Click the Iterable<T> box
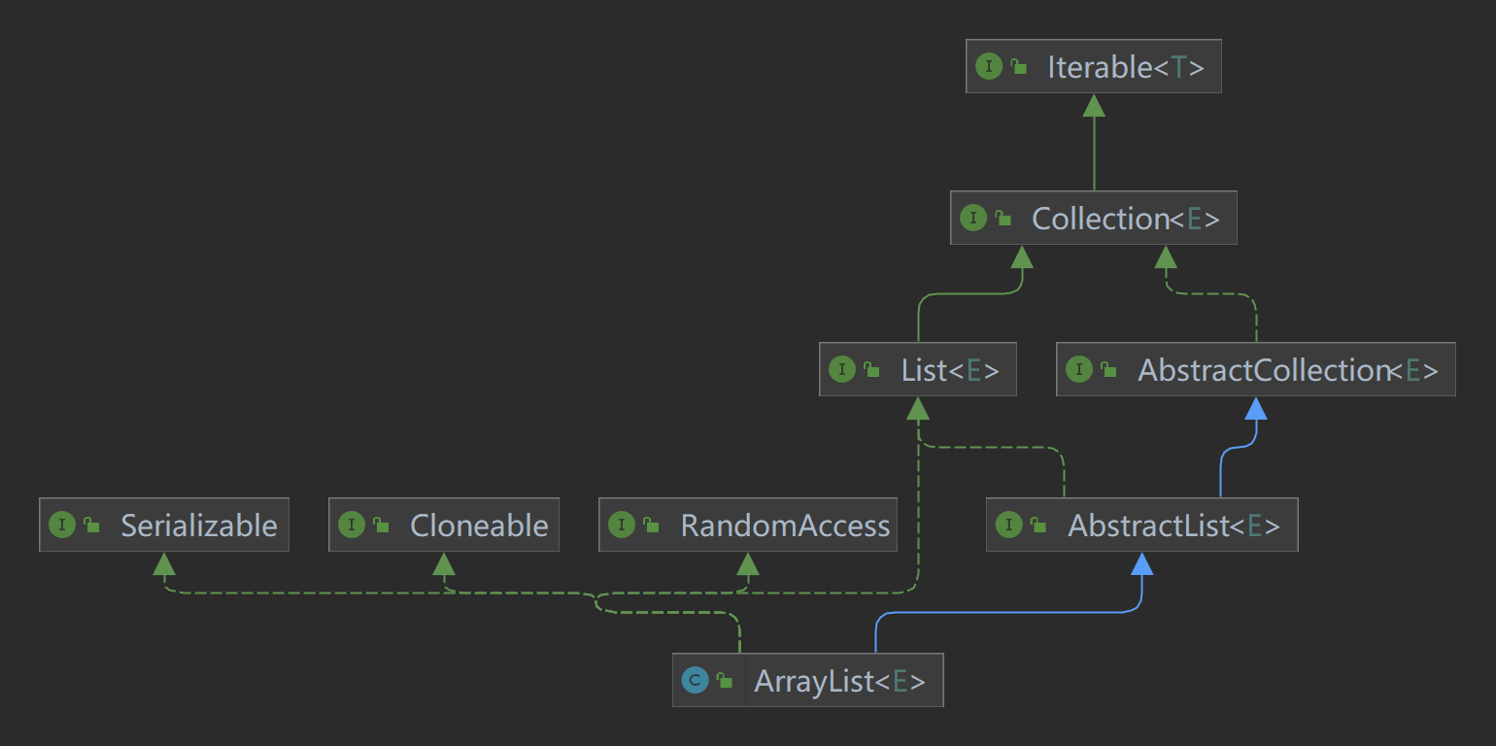point(1093,67)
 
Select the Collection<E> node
point(1093,218)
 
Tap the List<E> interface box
point(917,369)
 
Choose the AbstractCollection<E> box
point(1255,369)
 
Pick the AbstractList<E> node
point(1141,526)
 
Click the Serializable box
point(163,526)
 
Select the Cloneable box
point(443,526)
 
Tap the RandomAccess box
point(747,526)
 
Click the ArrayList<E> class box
point(807,680)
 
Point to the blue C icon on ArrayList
point(694,681)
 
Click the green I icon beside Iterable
point(988,67)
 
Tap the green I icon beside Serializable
point(61,526)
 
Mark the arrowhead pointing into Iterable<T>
point(1094,105)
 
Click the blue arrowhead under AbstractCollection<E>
point(1256,408)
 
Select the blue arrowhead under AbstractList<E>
point(1142,563)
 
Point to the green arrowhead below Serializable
point(164,563)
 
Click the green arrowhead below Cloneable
point(444,563)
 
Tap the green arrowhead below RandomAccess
point(748,563)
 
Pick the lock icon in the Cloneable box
point(381,526)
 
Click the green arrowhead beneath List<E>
point(918,408)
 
